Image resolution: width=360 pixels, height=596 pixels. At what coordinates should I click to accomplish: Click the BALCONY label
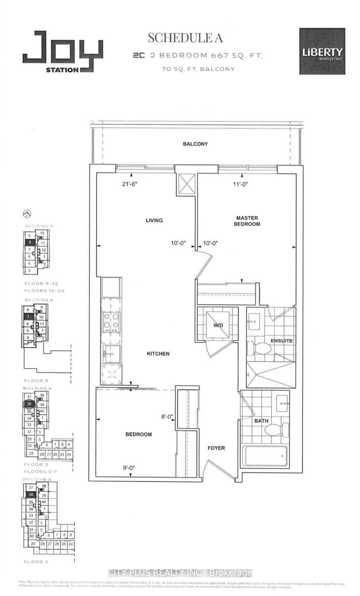(x=195, y=144)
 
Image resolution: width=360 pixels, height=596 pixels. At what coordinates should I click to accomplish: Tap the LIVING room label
(x=154, y=221)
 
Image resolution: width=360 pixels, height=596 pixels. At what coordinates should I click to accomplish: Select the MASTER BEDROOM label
(x=247, y=221)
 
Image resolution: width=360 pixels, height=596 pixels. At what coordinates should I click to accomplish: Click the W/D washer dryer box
(x=218, y=325)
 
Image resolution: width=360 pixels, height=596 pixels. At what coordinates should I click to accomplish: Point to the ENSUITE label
(x=281, y=341)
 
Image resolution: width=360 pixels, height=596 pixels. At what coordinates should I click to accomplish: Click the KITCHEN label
(x=158, y=354)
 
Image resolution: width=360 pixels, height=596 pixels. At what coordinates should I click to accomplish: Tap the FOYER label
(x=216, y=448)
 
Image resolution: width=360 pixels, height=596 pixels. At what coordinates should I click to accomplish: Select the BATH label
(x=261, y=421)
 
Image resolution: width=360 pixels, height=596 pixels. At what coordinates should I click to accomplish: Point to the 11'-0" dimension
(x=240, y=184)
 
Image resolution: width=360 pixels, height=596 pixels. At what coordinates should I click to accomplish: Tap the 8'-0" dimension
(x=167, y=417)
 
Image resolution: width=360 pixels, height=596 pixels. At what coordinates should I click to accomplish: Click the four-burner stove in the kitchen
(x=111, y=322)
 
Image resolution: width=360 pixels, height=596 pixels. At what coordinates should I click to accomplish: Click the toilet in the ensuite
(x=261, y=348)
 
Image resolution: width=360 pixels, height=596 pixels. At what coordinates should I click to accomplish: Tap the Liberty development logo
(x=322, y=51)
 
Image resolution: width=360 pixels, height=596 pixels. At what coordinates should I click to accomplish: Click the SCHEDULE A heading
(x=185, y=38)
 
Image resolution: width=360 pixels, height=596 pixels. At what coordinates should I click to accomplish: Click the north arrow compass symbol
(x=27, y=214)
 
